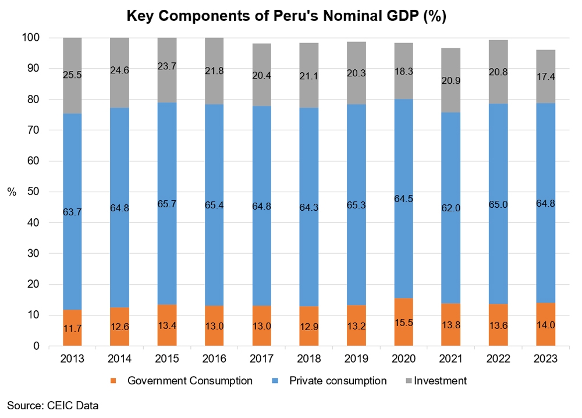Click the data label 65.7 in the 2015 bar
pyautogui.click(x=167, y=204)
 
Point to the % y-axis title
pyautogui.click(x=12, y=192)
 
